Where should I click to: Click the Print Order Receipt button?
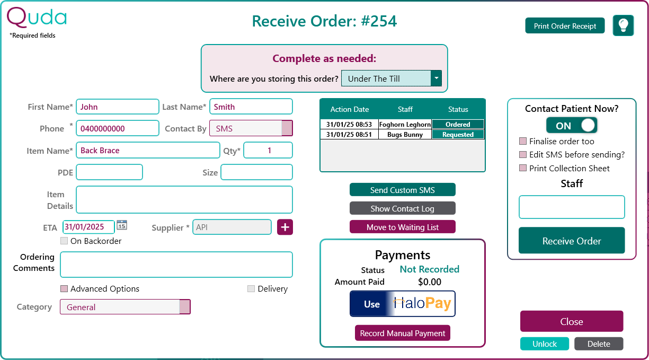(x=565, y=26)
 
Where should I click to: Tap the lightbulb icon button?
(x=623, y=25)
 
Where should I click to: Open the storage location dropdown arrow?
(x=436, y=78)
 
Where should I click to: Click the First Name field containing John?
(x=117, y=107)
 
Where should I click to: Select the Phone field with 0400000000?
(x=117, y=128)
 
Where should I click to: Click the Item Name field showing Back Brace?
(x=147, y=151)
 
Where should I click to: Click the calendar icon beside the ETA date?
(x=122, y=225)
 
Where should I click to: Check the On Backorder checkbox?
(x=64, y=241)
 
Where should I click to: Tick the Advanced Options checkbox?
(x=64, y=289)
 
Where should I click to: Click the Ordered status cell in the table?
(x=458, y=125)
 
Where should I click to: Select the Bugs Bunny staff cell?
(x=405, y=135)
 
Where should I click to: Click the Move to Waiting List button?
(x=402, y=227)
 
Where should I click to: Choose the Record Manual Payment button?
(x=402, y=333)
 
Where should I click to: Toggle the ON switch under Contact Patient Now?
(x=572, y=126)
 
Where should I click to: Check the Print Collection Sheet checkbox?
(x=523, y=169)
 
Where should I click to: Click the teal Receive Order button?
(x=572, y=241)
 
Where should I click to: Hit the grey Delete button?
(x=599, y=344)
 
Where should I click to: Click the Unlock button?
(x=544, y=344)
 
